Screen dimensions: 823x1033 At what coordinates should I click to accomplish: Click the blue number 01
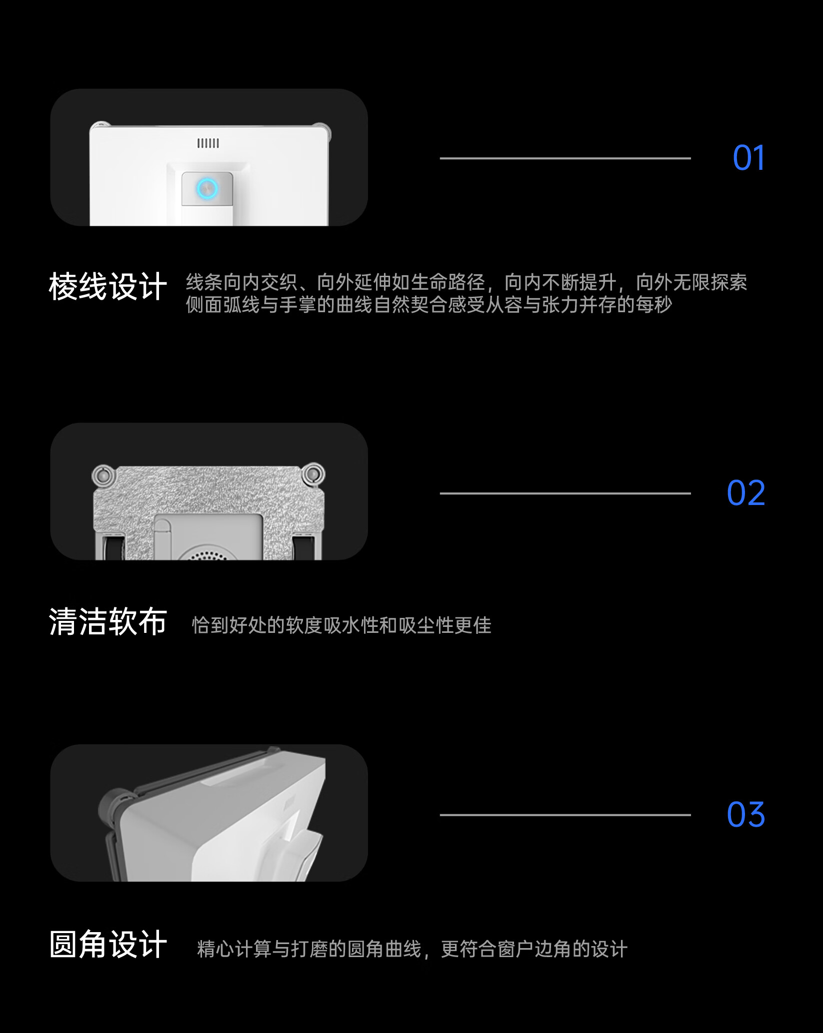pos(748,158)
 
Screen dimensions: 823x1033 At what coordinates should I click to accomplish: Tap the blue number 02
pos(745,493)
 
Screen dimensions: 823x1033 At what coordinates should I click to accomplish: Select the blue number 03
pos(745,815)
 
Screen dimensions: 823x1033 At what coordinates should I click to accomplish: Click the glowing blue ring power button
pos(206,188)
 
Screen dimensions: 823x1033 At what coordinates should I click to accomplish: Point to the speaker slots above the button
pos(208,143)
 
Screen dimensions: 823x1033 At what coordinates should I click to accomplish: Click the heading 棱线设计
pos(107,287)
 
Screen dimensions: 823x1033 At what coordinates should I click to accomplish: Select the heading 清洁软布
pos(107,622)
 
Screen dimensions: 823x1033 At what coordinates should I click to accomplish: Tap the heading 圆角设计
pos(107,945)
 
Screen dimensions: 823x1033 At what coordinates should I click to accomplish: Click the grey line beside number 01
pos(565,158)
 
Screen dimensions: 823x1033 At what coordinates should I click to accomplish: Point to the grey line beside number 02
pos(565,494)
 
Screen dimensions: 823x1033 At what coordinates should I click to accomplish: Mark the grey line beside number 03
pos(565,815)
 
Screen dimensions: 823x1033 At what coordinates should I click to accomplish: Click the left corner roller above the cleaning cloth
pos(103,475)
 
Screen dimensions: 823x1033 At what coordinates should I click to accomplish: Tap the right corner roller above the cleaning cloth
pos(313,474)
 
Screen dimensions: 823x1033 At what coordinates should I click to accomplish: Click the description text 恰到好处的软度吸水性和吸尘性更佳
pos(341,625)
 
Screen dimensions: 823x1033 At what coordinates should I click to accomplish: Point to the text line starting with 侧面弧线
pos(428,305)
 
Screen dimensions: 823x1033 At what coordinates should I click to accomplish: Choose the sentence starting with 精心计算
pos(412,949)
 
